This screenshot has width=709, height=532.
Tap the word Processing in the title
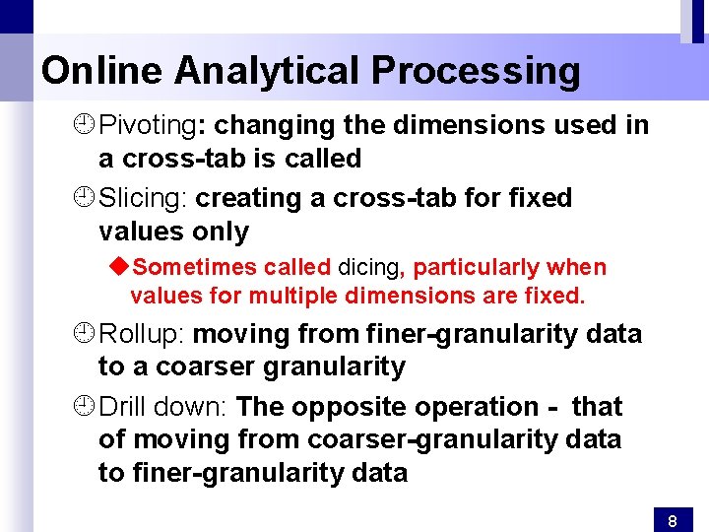click(x=476, y=71)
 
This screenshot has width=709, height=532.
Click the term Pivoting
click(x=148, y=126)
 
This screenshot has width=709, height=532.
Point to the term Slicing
click(x=142, y=199)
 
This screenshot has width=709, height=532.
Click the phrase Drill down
click(x=163, y=407)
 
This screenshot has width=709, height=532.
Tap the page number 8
click(x=672, y=520)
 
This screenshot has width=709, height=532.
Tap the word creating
click(x=251, y=199)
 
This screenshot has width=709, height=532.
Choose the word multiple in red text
click(x=291, y=297)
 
